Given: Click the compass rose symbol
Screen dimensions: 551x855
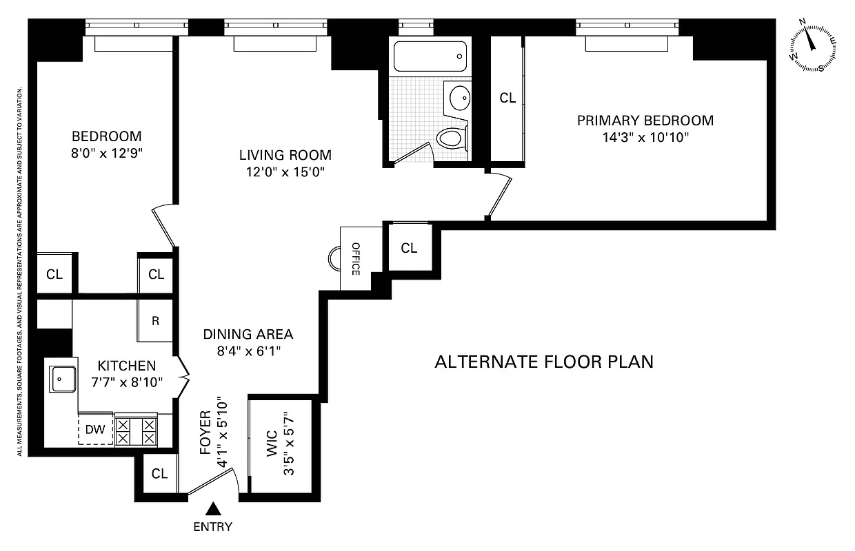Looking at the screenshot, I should click(814, 45).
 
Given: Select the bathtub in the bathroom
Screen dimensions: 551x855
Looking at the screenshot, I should click(428, 57).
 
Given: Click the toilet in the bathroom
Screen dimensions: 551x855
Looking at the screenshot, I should click(452, 138).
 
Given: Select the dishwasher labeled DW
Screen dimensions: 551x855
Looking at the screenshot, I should click(95, 430).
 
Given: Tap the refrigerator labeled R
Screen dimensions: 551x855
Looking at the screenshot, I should click(156, 320).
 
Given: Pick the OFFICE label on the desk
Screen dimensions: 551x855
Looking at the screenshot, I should click(356, 258).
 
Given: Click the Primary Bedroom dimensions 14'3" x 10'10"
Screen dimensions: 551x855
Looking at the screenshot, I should click(645, 137).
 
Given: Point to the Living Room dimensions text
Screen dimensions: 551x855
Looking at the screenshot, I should click(285, 172).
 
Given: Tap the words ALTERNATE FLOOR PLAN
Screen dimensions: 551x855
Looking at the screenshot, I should click(543, 362).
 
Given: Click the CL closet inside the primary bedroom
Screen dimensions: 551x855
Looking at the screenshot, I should click(507, 98).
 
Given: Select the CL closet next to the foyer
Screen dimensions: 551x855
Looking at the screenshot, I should click(159, 474).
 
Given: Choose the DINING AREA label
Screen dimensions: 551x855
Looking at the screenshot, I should click(248, 334).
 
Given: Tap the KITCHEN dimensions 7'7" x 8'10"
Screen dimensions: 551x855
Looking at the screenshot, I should click(126, 382).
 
